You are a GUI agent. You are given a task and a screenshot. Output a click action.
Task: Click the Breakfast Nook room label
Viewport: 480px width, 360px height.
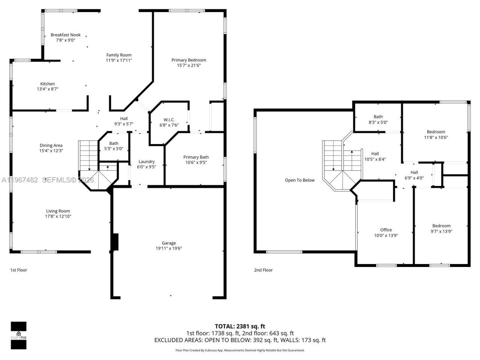[x=66, y=35]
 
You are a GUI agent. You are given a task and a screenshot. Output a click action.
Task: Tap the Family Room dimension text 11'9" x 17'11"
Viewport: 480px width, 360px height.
[x=118, y=60]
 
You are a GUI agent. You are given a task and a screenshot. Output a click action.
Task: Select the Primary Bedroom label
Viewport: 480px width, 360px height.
[x=189, y=60]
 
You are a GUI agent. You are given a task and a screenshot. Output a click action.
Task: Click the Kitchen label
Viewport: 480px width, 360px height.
[x=48, y=84]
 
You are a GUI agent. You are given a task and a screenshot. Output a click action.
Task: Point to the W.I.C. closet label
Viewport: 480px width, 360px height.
[x=169, y=120]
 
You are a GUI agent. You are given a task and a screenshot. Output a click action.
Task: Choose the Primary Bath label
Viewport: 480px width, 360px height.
[x=196, y=157]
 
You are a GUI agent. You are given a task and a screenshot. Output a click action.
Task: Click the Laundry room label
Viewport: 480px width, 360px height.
[x=146, y=162]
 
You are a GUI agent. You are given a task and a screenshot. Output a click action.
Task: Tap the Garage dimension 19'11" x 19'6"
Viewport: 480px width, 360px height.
[x=169, y=249]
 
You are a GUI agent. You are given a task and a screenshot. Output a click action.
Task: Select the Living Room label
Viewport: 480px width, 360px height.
[x=58, y=211]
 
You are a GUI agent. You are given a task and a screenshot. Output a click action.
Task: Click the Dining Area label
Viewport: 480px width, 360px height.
[x=51, y=145]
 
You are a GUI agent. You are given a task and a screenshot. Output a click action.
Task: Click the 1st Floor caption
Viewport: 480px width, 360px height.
[x=18, y=270]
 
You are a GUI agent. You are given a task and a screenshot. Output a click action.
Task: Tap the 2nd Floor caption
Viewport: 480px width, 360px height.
[x=263, y=270]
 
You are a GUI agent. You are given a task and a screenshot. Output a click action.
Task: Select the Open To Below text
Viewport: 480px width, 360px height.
[x=300, y=180]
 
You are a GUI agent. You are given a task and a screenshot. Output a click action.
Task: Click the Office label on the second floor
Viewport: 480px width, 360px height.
[x=386, y=230]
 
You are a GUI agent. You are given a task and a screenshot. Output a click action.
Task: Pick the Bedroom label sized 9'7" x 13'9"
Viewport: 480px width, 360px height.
[x=441, y=226]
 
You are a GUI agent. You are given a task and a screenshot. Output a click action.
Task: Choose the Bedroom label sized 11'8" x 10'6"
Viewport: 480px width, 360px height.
[x=436, y=132]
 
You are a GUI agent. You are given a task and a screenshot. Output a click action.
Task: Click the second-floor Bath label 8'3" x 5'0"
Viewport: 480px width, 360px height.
[x=378, y=117]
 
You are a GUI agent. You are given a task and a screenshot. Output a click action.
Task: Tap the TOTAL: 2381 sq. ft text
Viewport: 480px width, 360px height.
[x=240, y=326]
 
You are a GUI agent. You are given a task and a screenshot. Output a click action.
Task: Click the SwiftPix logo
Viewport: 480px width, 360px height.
[x=18, y=335]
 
